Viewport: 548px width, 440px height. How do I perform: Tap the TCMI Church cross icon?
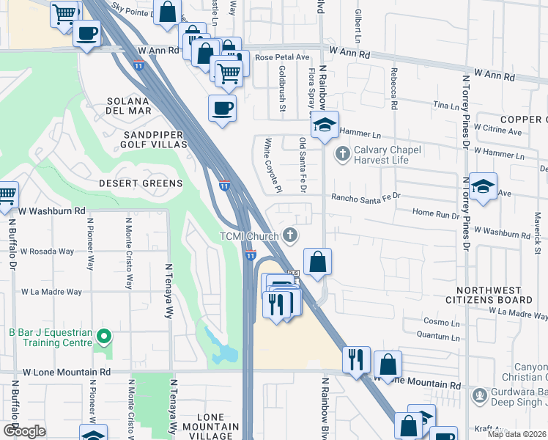point(291,235)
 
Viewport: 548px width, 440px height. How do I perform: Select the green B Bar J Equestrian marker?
point(105,337)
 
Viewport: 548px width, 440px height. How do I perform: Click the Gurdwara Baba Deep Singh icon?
point(480,395)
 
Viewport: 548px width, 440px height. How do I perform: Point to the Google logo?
point(24,431)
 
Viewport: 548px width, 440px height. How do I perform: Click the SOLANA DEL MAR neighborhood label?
point(129,106)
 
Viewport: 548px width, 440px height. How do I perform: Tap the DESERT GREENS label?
point(141,183)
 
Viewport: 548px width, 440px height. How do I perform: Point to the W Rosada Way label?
point(47,251)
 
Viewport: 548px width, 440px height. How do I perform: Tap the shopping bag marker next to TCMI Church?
point(317,262)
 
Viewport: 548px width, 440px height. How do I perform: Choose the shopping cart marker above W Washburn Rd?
point(7,195)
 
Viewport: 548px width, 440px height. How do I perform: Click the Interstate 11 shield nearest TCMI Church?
point(250,255)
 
